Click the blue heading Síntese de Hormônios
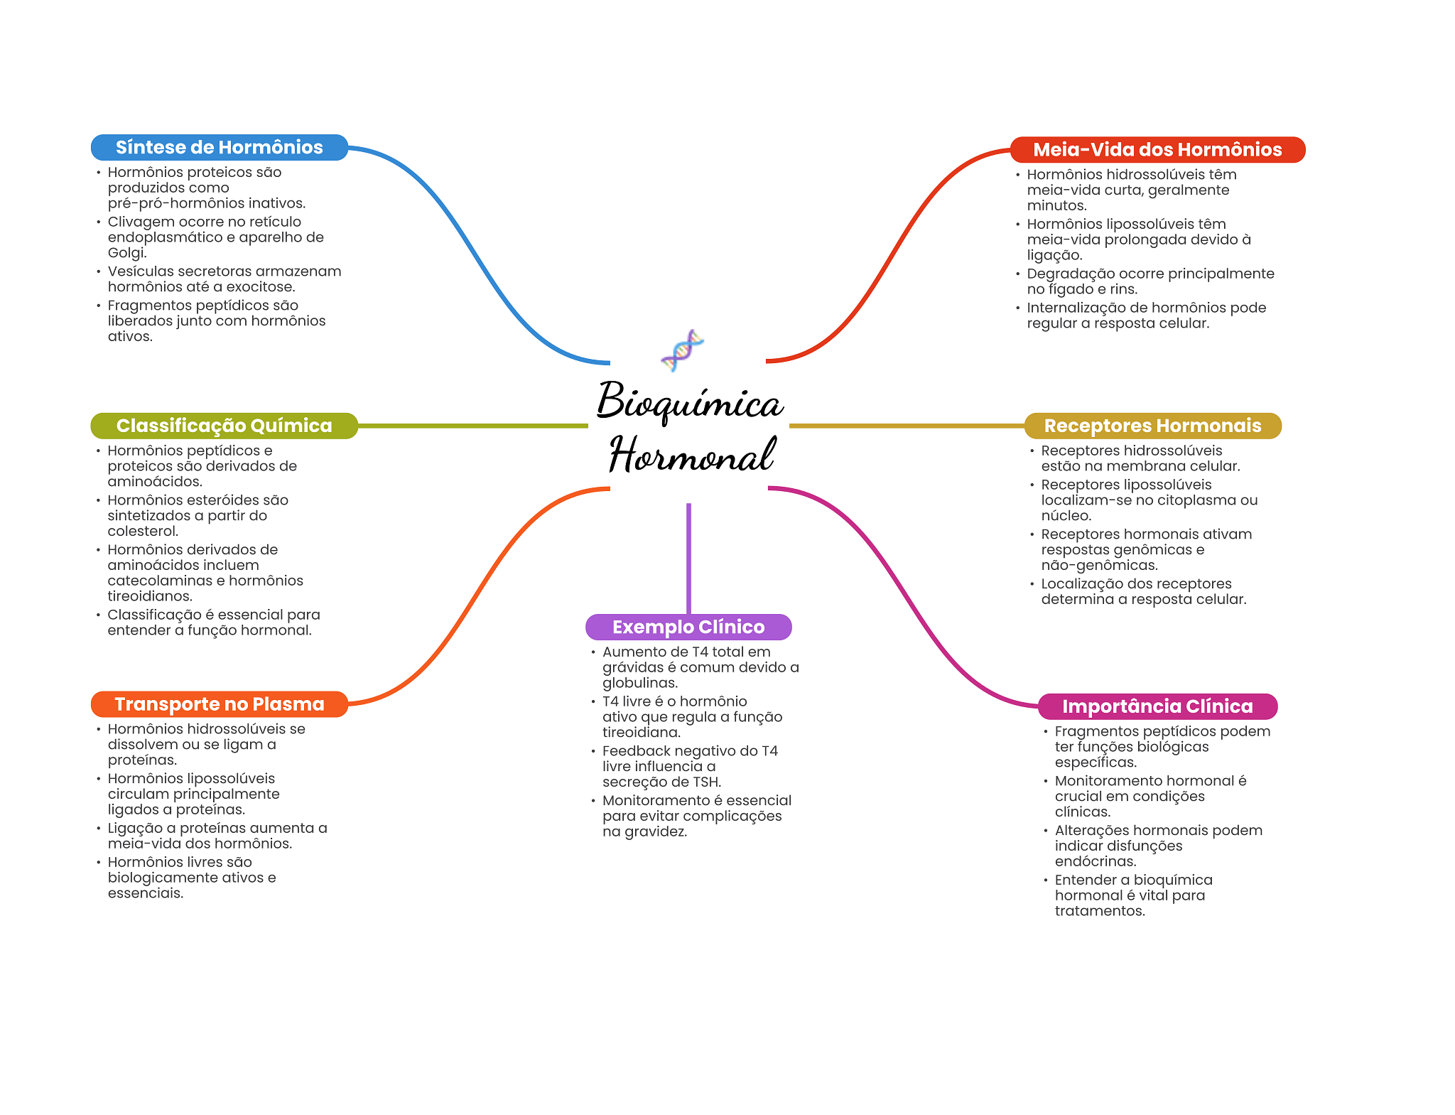pos(220,147)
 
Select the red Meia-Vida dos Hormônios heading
pos(1157,149)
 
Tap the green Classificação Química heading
pos(224,426)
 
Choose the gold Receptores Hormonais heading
pos(1152,426)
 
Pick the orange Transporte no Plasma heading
pos(220,704)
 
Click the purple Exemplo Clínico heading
pos(688,627)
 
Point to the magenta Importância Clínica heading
pos(1157,706)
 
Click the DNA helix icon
pos(682,350)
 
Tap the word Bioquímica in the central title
pos(690,402)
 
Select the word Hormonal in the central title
pos(691,455)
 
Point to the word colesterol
pos(141,531)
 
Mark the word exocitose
pos(260,287)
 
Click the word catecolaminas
pos(160,581)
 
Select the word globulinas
pos(639,683)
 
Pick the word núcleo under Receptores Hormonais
pos(1066,516)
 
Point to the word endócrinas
pos(1095,861)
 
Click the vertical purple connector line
pos(688,559)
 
